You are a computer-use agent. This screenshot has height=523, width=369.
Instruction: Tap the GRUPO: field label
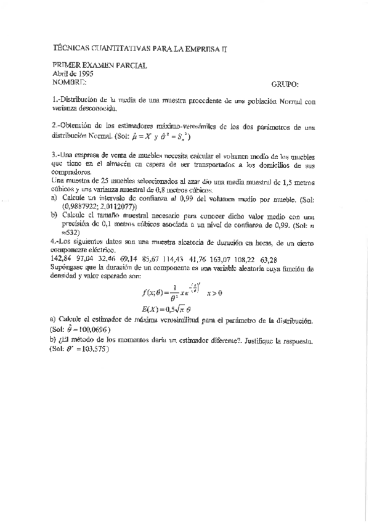285,83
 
